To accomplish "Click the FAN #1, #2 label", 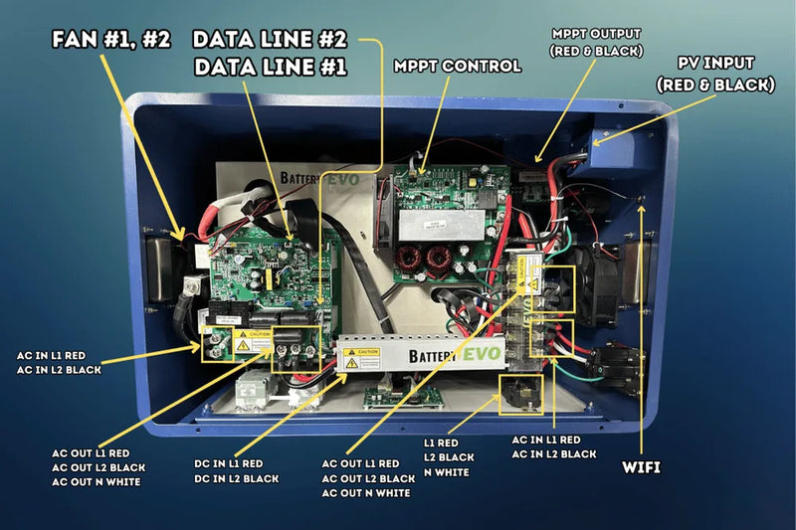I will [x=110, y=41].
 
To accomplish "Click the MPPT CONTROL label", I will [x=458, y=67].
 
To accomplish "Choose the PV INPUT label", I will [x=715, y=73].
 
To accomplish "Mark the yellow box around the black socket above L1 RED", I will [x=519, y=391].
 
